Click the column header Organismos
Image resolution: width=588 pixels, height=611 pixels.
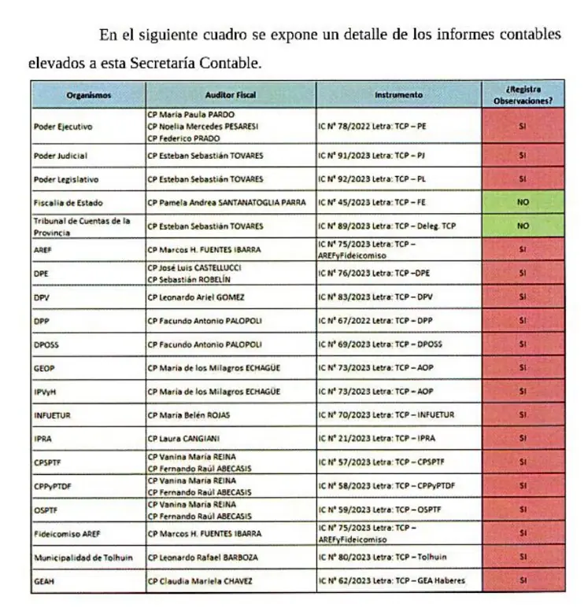pos(88,95)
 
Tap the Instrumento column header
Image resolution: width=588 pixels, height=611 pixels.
pos(398,95)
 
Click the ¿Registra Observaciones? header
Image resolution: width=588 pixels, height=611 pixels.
pos(522,95)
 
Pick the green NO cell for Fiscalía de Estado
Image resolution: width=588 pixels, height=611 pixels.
pos(523,202)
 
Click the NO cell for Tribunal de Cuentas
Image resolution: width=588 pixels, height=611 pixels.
pos(523,226)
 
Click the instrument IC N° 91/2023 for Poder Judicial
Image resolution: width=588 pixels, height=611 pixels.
pos(372,156)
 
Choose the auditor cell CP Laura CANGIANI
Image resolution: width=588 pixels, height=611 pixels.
pos(186,438)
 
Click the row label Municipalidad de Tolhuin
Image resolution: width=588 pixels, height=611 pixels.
pos(83,558)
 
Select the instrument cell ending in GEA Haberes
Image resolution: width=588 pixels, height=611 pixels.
pos(392,581)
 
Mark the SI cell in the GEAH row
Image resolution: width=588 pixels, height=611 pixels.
pos(523,581)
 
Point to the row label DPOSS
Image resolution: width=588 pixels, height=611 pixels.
pos(46,344)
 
